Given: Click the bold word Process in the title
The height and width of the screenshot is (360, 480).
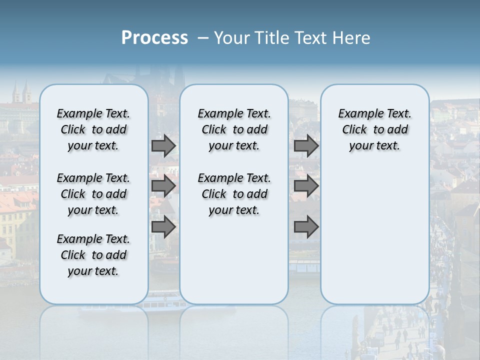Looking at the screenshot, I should pos(154,38).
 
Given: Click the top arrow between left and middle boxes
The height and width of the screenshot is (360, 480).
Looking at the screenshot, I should pos(163,146).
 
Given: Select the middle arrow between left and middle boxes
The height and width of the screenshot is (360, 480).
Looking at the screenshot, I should pos(163,186).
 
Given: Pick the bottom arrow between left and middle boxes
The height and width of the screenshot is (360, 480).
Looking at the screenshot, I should pos(163,227).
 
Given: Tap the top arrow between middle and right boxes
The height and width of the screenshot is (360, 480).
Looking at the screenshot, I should pos(306,146).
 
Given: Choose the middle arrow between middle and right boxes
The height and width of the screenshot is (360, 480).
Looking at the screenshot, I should pos(306,186).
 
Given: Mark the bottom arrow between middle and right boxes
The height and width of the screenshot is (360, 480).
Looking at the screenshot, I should pos(306,227).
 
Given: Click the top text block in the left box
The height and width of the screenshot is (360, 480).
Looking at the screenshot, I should pos(93,129).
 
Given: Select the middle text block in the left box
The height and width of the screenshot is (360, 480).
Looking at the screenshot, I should pos(93,194).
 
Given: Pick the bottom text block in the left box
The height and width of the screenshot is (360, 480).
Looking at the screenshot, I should pos(93,255).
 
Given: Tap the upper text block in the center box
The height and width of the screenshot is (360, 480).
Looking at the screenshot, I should pos(234,129).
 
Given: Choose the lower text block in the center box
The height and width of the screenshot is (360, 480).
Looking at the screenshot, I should pos(234,194).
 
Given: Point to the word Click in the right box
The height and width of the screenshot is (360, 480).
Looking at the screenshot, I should pos(354,130).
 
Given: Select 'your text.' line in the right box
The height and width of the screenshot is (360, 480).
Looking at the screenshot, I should pos(374,146).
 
